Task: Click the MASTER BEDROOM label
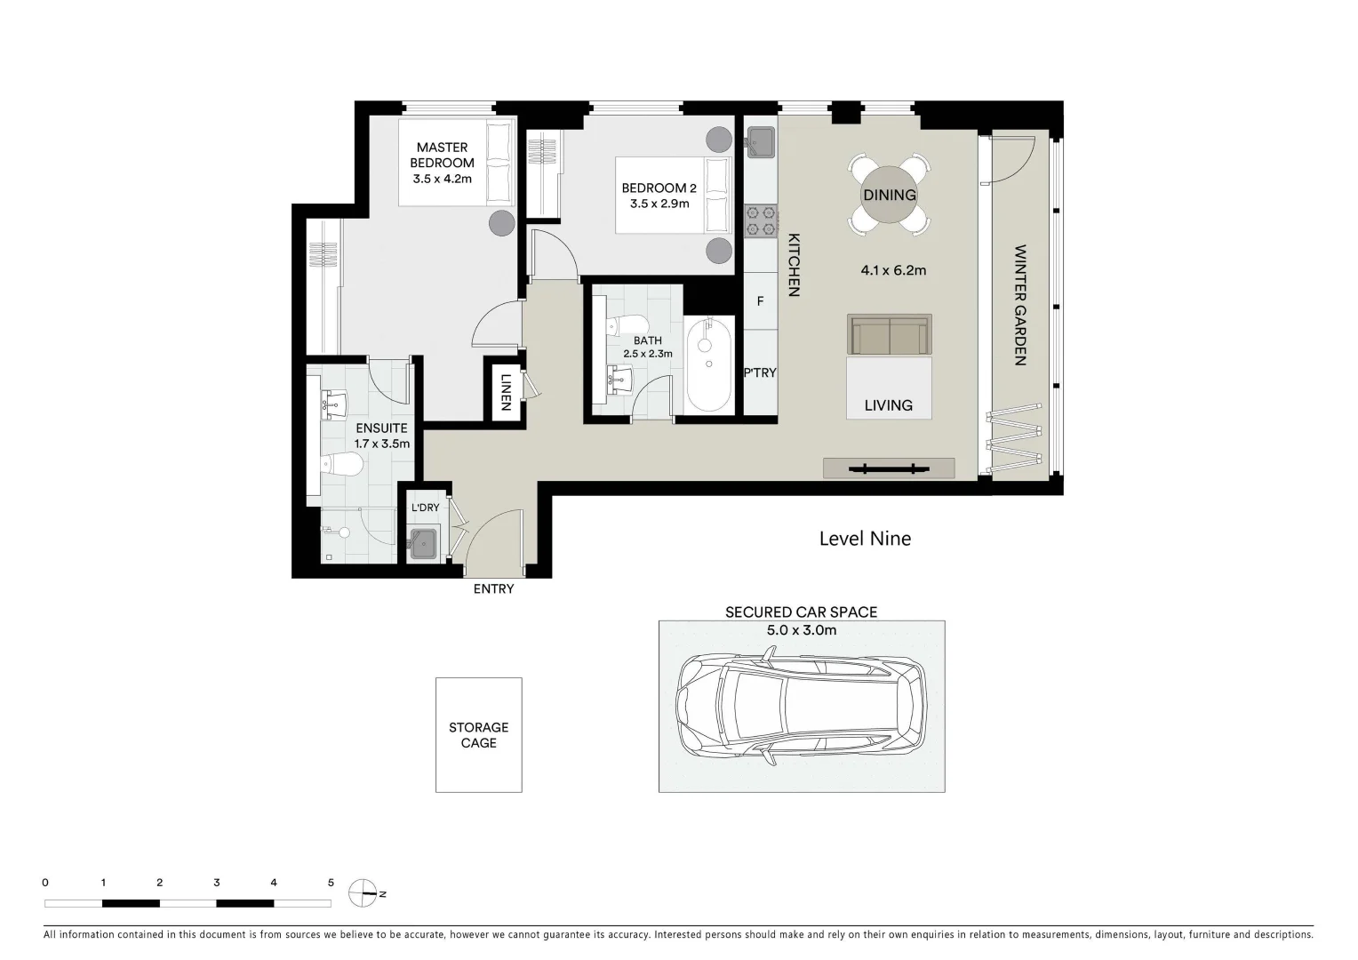(442, 156)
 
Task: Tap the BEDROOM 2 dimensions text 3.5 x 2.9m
(654, 204)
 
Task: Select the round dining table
(889, 196)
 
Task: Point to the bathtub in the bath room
(708, 364)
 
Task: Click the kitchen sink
(761, 140)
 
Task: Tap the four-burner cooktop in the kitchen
(761, 221)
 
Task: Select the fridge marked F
(760, 301)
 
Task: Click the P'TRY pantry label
(760, 372)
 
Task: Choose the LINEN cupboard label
(505, 390)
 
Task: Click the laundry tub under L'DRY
(424, 541)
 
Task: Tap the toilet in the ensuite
(341, 464)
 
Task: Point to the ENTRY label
(493, 588)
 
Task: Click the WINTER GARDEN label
(1019, 305)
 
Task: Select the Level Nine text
(864, 539)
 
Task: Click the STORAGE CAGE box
(478, 735)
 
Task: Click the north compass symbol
(363, 892)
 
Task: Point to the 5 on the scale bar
(331, 883)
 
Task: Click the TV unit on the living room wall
(888, 468)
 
